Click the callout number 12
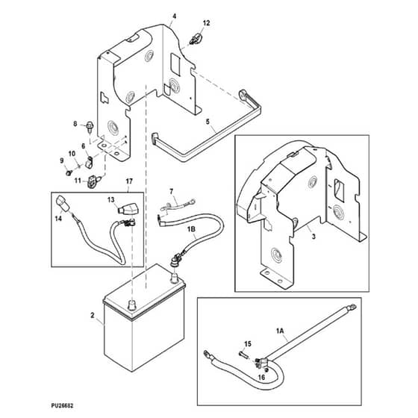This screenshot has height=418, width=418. (x=206, y=23)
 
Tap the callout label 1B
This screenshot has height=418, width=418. (x=192, y=229)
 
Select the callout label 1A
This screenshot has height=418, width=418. (x=280, y=331)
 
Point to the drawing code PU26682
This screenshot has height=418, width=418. (x=62, y=406)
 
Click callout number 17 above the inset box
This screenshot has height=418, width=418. (x=129, y=181)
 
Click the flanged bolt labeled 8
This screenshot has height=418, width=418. (x=89, y=127)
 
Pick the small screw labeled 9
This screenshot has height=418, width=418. (x=69, y=173)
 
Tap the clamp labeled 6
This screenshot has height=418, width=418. (x=89, y=163)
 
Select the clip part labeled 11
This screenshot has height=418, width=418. (x=93, y=181)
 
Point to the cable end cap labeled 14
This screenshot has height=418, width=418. (x=63, y=203)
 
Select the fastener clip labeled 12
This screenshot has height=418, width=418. (x=196, y=39)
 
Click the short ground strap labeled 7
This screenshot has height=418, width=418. (x=178, y=204)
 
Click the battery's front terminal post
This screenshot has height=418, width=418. (x=131, y=305)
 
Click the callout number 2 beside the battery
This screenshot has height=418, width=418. (x=93, y=315)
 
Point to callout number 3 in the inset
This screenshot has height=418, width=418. (x=313, y=236)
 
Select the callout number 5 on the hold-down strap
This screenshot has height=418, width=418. (x=208, y=122)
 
